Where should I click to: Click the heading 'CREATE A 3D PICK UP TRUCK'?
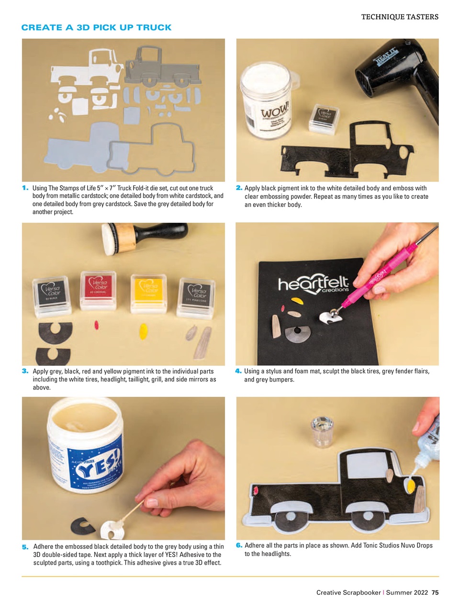pos(96,28)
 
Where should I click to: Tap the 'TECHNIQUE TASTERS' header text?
pos(399,17)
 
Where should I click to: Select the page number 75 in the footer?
pos(435,592)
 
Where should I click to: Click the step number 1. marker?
pos(25,188)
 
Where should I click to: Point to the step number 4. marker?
pos(238,371)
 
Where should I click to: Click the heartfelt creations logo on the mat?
pos(314,285)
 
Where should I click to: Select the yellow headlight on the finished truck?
pos(410,486)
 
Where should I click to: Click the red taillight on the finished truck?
pos(256,491)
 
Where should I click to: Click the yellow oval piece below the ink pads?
pos(143,330)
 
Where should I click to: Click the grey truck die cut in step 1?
pos(163,67)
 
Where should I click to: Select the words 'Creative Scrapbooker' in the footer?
pos(348,592)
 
